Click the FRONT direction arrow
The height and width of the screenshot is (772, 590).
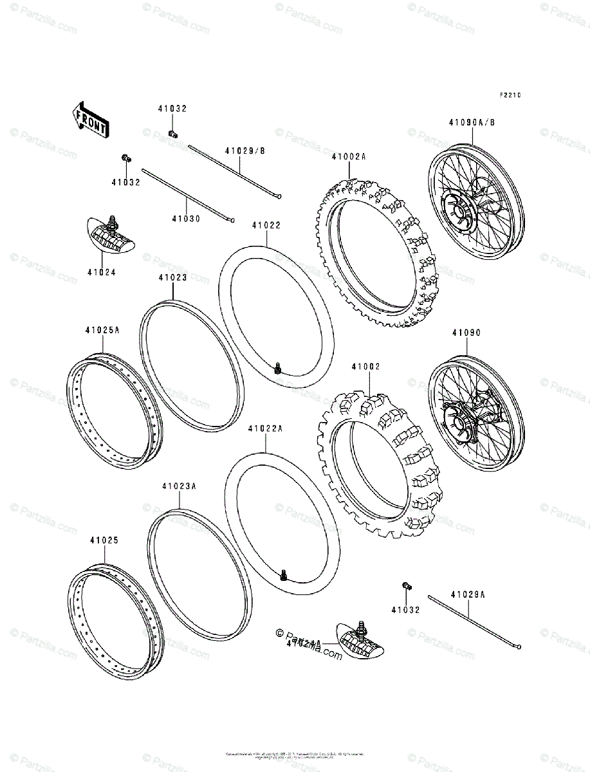(89, 119)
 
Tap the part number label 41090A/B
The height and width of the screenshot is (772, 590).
(472, 123)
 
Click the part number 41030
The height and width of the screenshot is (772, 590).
(186, 219)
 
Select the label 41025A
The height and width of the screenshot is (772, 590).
(103, 330)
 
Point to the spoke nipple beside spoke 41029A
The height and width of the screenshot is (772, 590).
(406, 584)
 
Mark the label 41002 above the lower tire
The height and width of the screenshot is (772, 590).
(365, 367)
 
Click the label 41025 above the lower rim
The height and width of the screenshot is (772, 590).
(103, 541)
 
